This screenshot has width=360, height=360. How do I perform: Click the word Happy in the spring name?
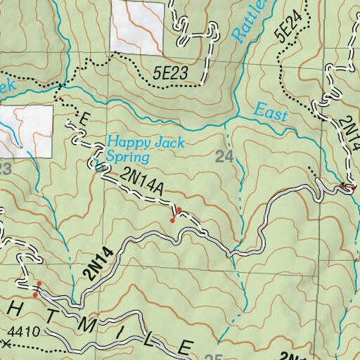point(124,141)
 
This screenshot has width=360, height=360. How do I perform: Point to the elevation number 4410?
point(25,330)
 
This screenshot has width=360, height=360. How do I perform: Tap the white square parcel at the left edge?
point(26,131)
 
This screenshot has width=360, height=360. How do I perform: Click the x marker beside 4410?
point(6,344)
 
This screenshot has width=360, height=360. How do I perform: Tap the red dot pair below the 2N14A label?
point(176,215)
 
